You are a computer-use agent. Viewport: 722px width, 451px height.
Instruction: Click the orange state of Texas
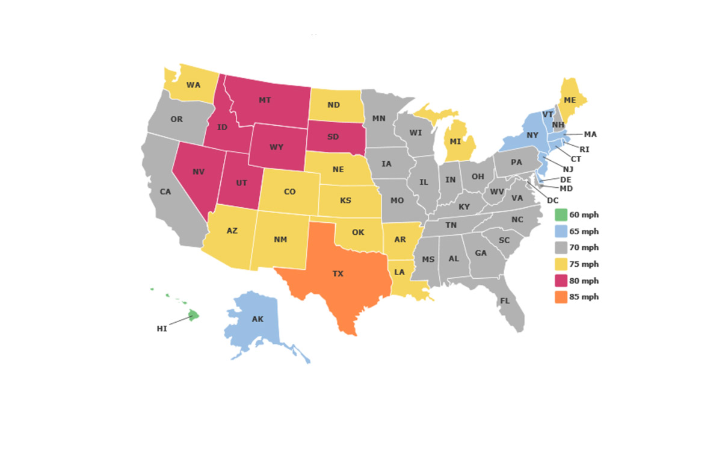[x=337, y=274]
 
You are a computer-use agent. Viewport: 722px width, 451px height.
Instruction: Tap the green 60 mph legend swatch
[x=560, y=215]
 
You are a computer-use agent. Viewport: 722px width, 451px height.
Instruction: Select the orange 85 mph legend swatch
[x=560, y=297]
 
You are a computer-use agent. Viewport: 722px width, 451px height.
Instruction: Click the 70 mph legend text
[x=584, y=247]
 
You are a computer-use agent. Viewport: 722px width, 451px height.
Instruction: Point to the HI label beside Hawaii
[x=161, y=329]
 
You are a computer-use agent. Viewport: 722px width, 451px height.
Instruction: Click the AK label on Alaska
[x=258, y=319]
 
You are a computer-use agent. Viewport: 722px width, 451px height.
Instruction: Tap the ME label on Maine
[x=569, y=100]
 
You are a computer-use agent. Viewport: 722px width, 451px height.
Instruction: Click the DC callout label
[x=553, y=200]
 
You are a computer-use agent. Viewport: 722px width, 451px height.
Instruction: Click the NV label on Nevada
[x=199, y=172]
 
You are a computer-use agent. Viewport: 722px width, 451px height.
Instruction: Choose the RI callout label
[x=584, y=149]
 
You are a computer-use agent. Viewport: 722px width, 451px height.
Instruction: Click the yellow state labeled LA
[x=400, y=272]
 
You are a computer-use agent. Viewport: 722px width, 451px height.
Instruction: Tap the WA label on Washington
[x=193, y=85]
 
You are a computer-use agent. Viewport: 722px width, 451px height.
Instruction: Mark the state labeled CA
[x=166, y=192]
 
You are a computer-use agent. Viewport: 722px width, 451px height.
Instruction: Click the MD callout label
[x=566, y=188]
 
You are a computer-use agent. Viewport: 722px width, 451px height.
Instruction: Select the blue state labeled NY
[x=532, y=135]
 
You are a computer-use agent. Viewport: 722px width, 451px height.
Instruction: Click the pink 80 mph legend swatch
[x=560, y=281]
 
